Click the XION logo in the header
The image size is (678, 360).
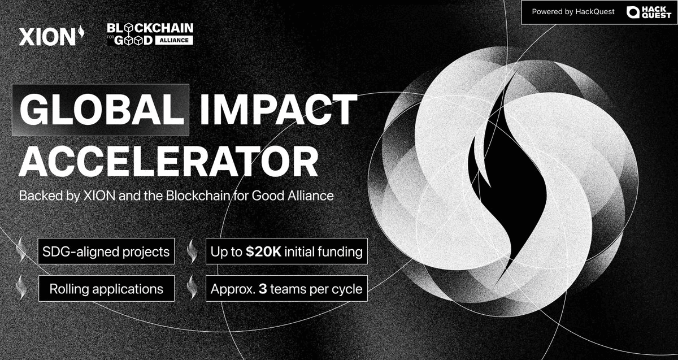[51, 36]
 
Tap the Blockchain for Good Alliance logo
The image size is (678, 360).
[150, 34]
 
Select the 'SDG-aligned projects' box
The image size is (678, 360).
[106, 251]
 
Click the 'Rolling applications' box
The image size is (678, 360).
[106, 289]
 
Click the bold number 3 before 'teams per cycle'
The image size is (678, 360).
[263, 289]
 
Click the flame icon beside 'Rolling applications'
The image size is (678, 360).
[22, 287]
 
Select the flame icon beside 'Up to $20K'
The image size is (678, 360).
[192, 251]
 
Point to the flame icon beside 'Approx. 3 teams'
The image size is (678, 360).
[192, 288]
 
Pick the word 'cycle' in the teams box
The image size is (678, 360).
[347, 289]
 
